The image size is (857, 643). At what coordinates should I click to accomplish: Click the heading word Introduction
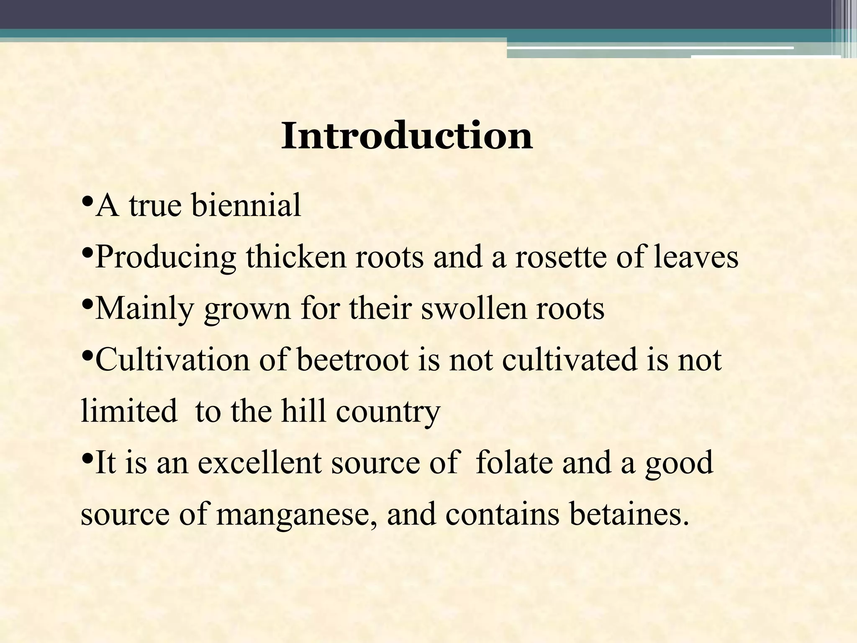pyautogui.click(x=407, y=136)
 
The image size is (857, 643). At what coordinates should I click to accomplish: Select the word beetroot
pyautogui.click(x=353, y=360)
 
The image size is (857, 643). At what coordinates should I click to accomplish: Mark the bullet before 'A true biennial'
pyautogui.click(x=87, y=202)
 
